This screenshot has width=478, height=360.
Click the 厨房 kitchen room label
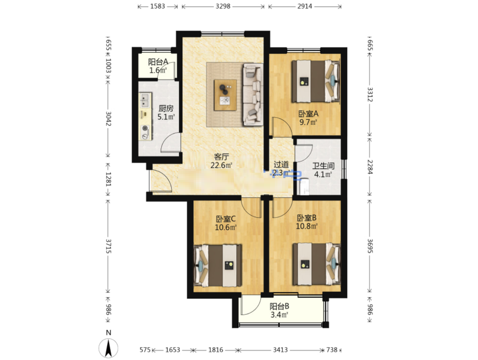click(166, 108)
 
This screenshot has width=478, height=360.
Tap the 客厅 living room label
click(221, 157)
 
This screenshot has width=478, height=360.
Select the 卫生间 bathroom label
click(323, 166)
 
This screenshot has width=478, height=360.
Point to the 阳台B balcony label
click(279, 306)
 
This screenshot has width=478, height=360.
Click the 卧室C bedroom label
click(226, 219)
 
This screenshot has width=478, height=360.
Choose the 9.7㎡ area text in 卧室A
click(308, 122)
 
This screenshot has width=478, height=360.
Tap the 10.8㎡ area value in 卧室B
click(307, 226)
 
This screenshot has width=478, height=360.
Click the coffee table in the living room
click(225, 95)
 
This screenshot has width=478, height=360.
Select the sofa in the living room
click(253, 94)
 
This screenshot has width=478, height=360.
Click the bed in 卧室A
click(316, 81)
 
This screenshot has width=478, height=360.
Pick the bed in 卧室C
click(218, 265)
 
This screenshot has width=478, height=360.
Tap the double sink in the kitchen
click(145, 100)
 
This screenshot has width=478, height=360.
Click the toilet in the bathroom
click(304, 187)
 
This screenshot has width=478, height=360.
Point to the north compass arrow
click(108, 348)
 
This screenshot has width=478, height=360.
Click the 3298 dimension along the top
click(223, 6)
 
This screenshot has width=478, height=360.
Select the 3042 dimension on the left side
click(108, 119)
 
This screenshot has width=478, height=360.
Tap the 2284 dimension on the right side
click(370, 167)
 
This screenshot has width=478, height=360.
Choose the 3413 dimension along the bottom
click(280, 350)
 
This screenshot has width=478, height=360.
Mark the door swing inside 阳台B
click(251, 305)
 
